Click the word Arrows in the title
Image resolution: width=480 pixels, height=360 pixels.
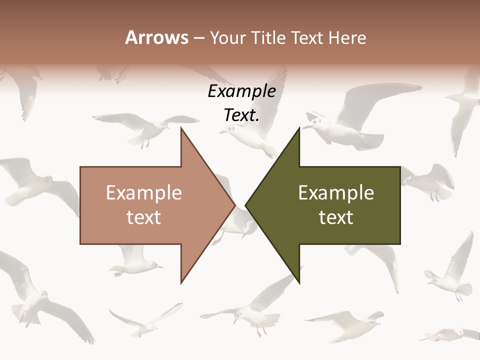(156, 37)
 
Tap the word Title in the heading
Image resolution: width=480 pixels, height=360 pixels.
(268, 38)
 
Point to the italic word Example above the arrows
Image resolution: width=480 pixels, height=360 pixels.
(241, 91)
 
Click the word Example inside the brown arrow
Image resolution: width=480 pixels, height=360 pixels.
(144, 193)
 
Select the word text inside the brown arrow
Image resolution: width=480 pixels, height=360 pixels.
(144, 217)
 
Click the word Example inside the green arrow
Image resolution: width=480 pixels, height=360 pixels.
(336, 193)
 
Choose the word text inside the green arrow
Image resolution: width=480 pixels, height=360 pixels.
(336, 217)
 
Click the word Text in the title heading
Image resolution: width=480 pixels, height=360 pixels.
(307, 38)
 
